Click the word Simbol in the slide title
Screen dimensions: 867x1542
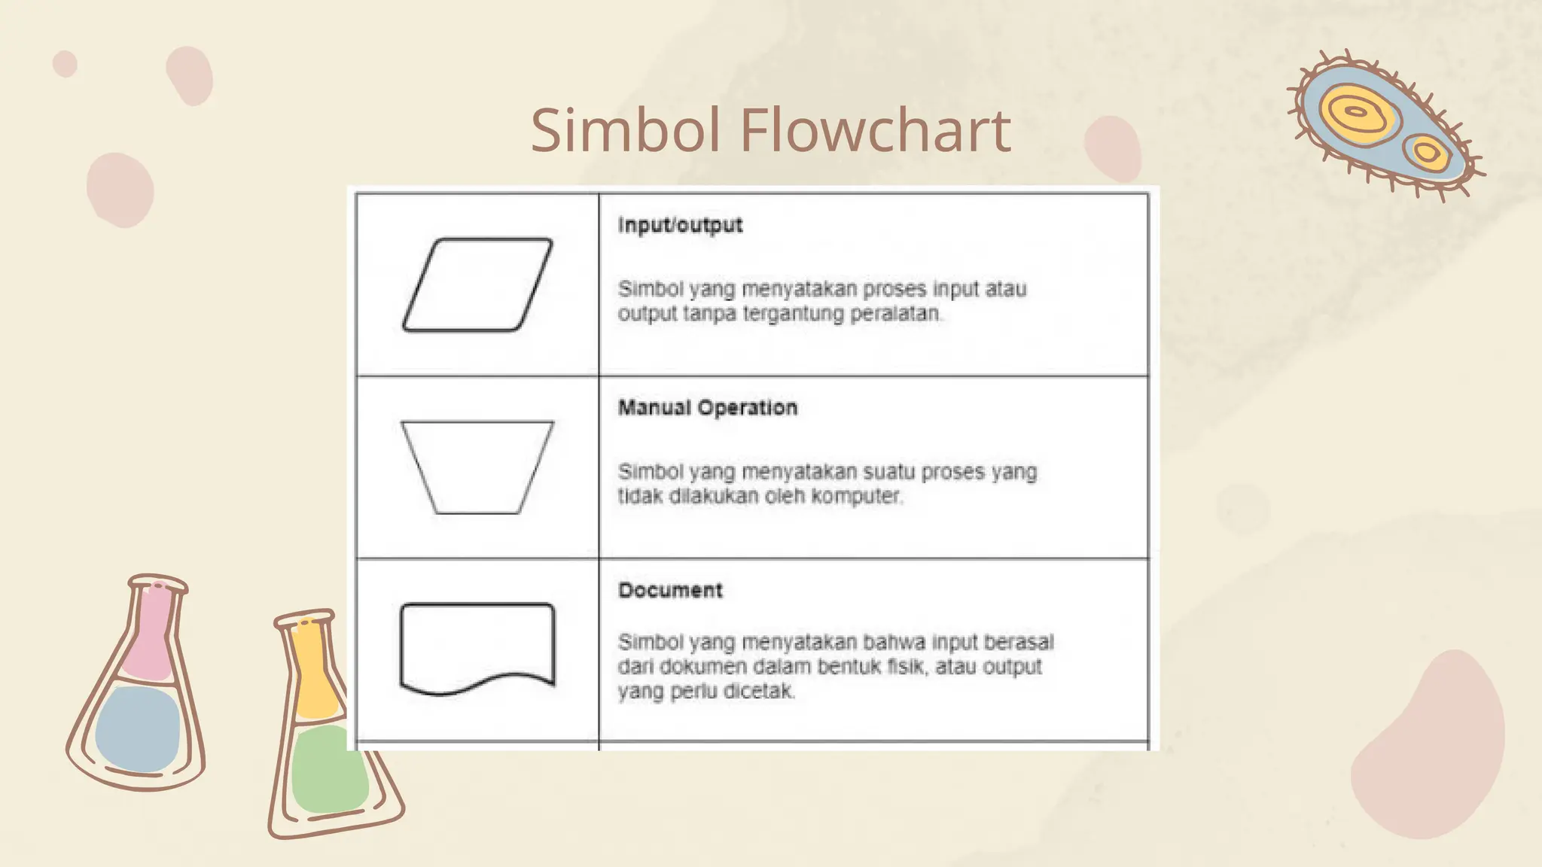(x=626, y=130)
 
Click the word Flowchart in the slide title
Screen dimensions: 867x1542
(x=876, y=130)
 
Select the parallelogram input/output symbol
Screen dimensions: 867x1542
(x=477, y=284)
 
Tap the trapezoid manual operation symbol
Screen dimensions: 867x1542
(x=477, y=467)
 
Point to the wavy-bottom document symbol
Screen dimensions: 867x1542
(x=477, y=647)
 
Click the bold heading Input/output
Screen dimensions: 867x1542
(x=680, y=225)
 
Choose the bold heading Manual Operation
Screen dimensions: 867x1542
(x=708, y=408)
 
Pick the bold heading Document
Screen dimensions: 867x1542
(x=670, y=591)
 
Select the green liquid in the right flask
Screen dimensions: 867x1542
(x=329, y=768)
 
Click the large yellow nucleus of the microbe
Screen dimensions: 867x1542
(x=1356, y=113)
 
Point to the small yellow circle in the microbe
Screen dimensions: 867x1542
(x=1427, y=153)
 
